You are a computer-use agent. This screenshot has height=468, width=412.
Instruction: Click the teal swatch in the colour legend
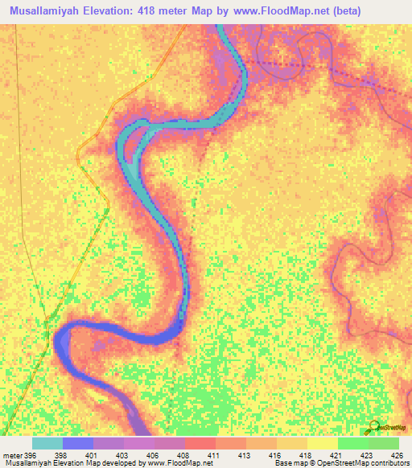coord(47,443)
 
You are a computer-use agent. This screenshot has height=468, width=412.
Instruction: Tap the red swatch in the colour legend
coord(200,443)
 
